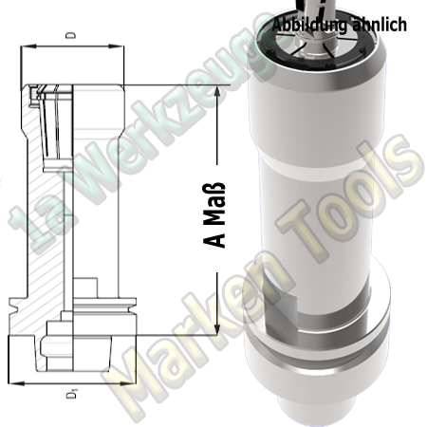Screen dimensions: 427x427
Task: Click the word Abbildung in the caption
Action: pos(306,25)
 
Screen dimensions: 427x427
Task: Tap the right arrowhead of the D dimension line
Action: pos(120,46)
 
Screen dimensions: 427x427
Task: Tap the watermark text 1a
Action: pos(28,228)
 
